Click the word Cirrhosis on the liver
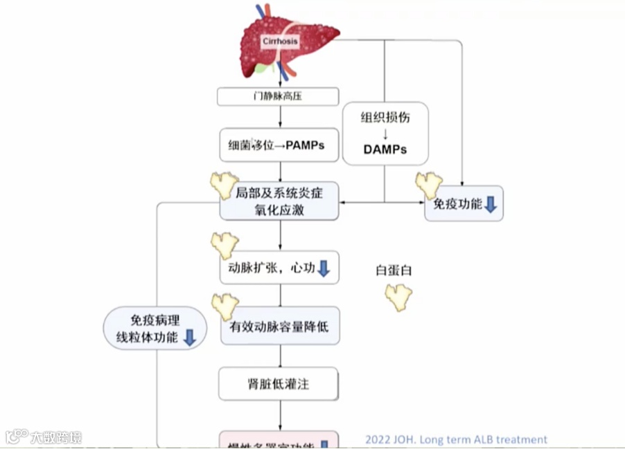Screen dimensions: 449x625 click(x=280, y=41)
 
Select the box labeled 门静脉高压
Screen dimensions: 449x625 click(x=278, y=96)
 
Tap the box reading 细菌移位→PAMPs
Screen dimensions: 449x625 click(x=279, y=146)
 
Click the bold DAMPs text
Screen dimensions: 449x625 click(x=385, y=149)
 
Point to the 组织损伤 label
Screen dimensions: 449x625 click(x=385, y=117)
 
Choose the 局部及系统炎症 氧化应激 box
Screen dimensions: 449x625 click(x=280, y=201)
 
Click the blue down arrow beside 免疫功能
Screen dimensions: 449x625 click(x=491, y=205)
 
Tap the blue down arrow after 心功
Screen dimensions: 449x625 click(x=324, y=268)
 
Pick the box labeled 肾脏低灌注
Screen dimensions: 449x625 click(x=280, y=383)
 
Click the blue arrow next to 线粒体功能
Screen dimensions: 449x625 click(x=190, y=338)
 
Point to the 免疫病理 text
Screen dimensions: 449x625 click(x=155, y=320)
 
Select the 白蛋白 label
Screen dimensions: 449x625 click(x=394, y=271)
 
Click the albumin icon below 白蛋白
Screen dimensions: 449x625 click(x=398, y=296)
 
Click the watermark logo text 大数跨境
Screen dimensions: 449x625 click(x=55, y=437)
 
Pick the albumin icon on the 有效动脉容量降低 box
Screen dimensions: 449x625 click(x=225, y=305)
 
